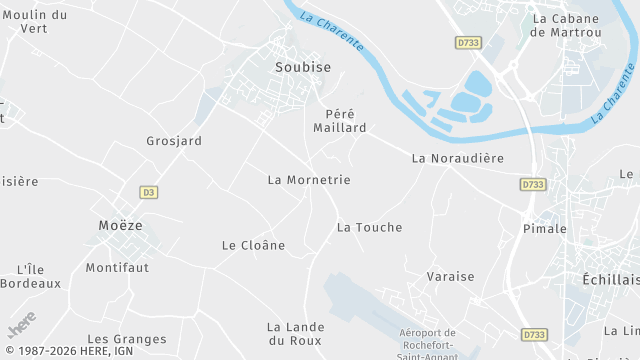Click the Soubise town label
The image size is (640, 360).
[x=302, y=67]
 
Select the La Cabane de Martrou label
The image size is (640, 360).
[x=566, y=25]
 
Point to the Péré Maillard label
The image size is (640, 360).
[x=346, y=121]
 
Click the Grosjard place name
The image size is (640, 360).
[x=174, y=141]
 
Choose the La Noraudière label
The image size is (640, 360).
[x=458, y=158]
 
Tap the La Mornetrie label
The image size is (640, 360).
[x=309, y=180]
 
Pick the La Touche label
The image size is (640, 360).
[x=369, y=227]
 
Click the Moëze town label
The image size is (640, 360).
[x=120, y=225]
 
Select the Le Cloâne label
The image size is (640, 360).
[x=253, y=245]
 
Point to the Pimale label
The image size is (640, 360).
[x=544, y=229]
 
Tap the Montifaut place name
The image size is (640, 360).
[x=117, y=268]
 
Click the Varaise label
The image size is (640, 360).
[x=450, y=276]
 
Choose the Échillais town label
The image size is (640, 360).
[x=610, y=279]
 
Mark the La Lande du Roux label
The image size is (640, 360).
[x=295, y=334]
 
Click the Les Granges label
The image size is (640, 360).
[x=126, y=340]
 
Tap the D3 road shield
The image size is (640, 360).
[x=149, y=191]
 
